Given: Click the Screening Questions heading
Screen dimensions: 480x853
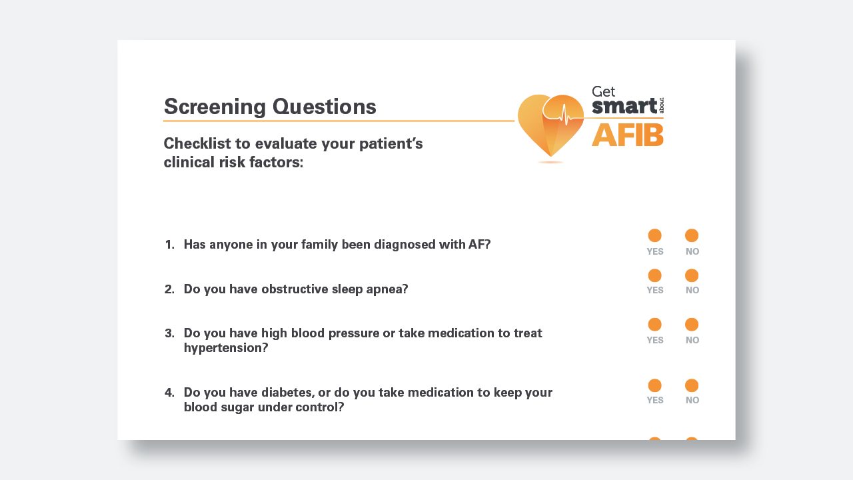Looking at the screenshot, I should pos(270,107).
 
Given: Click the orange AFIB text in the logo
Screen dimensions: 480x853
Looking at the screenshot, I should pos(627,135).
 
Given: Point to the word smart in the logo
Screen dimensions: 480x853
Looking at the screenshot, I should pos(624,106).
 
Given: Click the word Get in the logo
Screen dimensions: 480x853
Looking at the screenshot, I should pos(603,92).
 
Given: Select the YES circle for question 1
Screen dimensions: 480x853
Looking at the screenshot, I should pos(655,235).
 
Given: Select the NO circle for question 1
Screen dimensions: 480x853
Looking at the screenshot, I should pos(692,235).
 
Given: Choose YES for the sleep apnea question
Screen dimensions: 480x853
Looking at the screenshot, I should pos(655,275).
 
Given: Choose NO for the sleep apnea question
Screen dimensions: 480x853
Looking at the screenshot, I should pos(692,275).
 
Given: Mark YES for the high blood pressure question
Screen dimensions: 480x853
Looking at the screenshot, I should pos(655,325).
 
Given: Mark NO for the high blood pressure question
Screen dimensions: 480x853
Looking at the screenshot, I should pos(692,325).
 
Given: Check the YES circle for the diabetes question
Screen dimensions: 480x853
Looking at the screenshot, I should pos(655,385).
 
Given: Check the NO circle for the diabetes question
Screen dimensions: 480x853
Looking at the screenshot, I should pos(692,385).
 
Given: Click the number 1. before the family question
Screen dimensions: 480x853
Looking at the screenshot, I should pos(169,245).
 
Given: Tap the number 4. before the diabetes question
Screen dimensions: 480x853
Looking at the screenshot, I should pos(169,392).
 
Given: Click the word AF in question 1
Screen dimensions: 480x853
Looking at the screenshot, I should pos(476,245).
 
